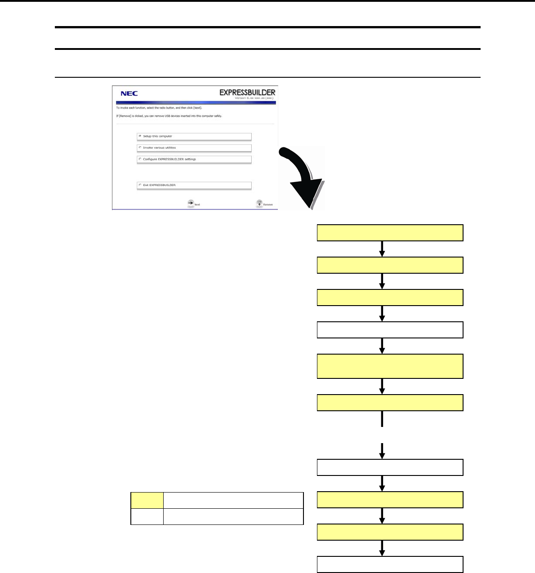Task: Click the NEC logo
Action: (129, 93)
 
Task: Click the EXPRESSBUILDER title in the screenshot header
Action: (247, 92)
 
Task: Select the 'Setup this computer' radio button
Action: (140, 136)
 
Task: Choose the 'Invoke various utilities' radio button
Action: (140, 147)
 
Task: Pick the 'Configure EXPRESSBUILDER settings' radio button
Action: (140, 159)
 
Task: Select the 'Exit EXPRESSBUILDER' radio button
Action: (140, 185)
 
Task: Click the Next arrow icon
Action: (191, 204)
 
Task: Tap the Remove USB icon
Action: (259, 204)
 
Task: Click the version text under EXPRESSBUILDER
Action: (254, 98)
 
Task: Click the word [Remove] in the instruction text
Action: (123, 116)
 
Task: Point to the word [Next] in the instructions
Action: (197, 108)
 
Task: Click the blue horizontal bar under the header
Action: (194, 103)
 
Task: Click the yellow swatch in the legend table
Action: (147, 500)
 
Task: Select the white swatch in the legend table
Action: (147, 516)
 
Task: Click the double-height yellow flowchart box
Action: (390, 366)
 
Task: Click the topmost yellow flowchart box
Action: (390, 233)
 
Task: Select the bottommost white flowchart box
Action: (390, 564)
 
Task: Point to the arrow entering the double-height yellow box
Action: (382, 346)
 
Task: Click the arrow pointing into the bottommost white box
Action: (382, 548)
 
